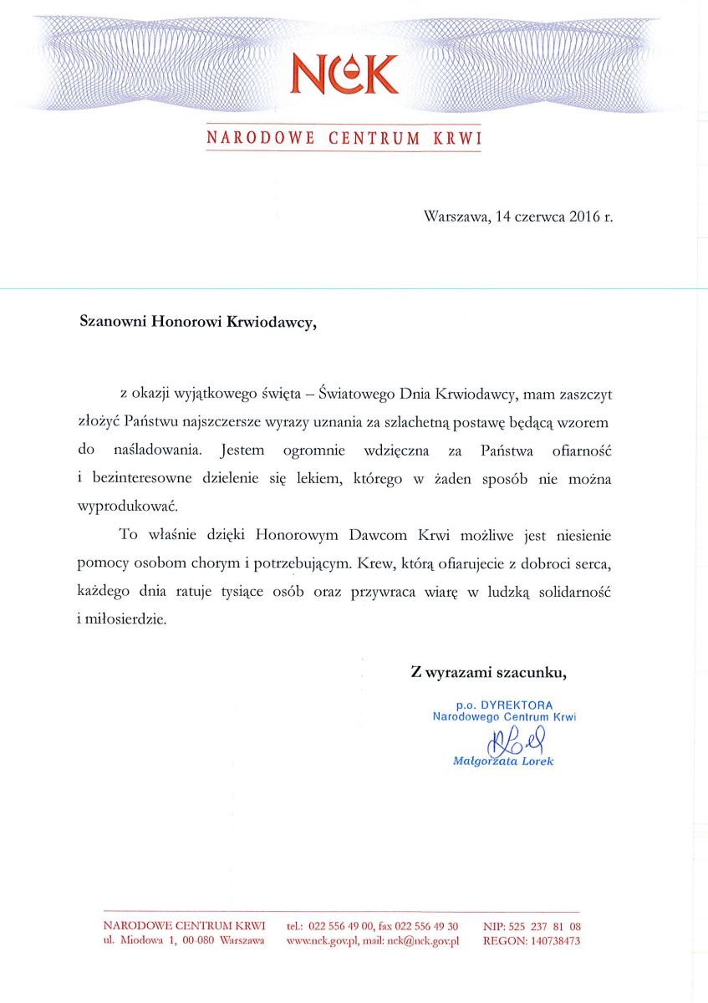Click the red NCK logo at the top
pyautogui.click(x=344, y=74)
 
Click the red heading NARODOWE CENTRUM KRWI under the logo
pyautogui.click(x=344, y=138)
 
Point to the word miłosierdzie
pyautogui.click(x=132, y=621)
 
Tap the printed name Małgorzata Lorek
pyautogui.click(x=502, y=761)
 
